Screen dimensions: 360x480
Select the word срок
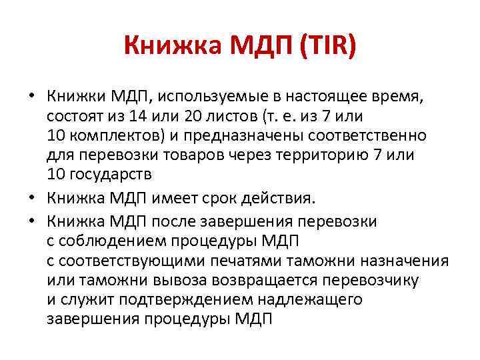tap(237, 198)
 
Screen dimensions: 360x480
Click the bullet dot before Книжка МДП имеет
tap(31, 198)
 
